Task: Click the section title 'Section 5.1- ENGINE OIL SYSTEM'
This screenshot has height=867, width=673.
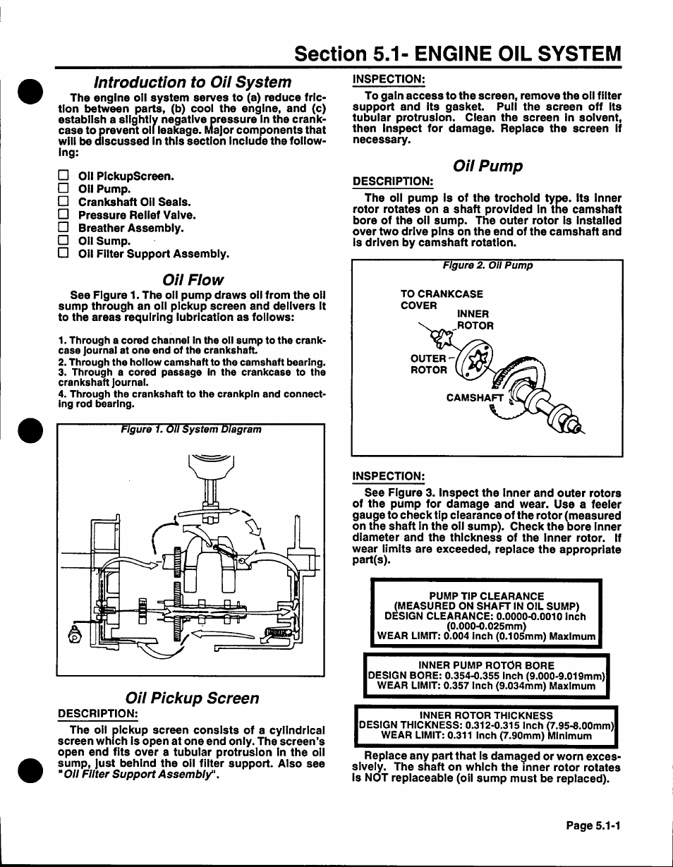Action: pos(458,54)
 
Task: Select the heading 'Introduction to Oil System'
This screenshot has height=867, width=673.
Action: pos(193,82)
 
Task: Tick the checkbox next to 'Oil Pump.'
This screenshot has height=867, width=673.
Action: pos(63,189)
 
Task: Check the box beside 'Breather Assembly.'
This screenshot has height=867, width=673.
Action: pos(63,228)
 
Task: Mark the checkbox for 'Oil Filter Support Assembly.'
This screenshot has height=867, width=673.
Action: pos(63,253)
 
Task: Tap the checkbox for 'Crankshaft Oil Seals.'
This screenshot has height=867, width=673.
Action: pos(63,202)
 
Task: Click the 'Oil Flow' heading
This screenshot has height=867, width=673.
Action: pos(192,279)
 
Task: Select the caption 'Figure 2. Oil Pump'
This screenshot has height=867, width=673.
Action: pos(487,266)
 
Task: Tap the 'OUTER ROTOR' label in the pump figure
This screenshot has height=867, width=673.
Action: pos(429,364)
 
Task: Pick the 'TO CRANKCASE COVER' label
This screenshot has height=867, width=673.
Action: pos(442,300)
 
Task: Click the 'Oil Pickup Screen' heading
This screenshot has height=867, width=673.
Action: pos(192,698)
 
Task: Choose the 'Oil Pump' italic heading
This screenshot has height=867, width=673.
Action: pos(487,166)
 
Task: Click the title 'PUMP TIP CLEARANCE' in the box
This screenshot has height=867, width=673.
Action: pos(487,596)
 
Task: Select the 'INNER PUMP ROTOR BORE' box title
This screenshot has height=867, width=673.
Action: pos(487,665)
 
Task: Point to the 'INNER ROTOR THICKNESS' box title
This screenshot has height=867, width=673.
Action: pos(487,715)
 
